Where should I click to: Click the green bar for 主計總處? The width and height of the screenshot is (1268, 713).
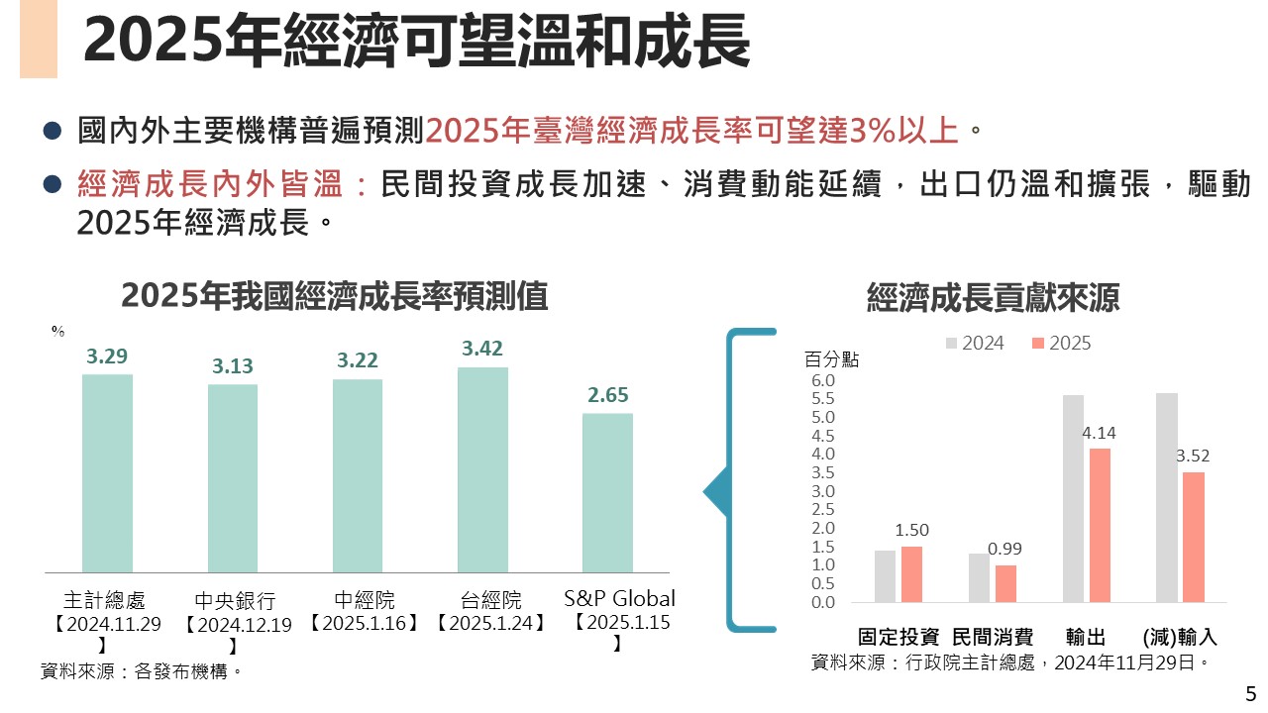pos(107,473)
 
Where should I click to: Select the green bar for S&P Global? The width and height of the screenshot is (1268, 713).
pos(607,492)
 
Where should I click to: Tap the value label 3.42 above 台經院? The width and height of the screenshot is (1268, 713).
pos(482,349)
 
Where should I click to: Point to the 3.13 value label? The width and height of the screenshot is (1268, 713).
pos(233,366)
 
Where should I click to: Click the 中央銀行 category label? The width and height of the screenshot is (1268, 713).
pos(234,601)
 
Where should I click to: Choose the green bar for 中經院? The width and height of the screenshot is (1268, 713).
pos(358,475)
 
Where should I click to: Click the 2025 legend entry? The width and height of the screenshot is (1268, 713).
pos(1061,344)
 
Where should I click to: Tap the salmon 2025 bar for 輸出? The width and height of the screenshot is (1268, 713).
pos(1100,525)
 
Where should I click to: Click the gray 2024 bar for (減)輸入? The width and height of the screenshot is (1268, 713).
pos(1167,497)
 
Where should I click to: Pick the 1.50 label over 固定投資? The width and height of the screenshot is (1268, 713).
pos(911,530)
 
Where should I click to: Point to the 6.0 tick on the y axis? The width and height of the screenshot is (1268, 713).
pos(824,380)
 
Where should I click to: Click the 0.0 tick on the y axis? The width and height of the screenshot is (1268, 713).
pos(824,602)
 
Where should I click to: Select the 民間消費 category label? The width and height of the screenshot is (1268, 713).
pos(993,637)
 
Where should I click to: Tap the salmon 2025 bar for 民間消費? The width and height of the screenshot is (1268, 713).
pos(1005,583)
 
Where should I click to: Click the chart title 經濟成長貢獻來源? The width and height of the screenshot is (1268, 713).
pos(993,298)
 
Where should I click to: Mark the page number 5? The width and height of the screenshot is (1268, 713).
pos(1249,693)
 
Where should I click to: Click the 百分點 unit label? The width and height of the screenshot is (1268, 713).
pos(831,359)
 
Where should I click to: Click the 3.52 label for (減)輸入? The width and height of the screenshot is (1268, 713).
pos(1193,457)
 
